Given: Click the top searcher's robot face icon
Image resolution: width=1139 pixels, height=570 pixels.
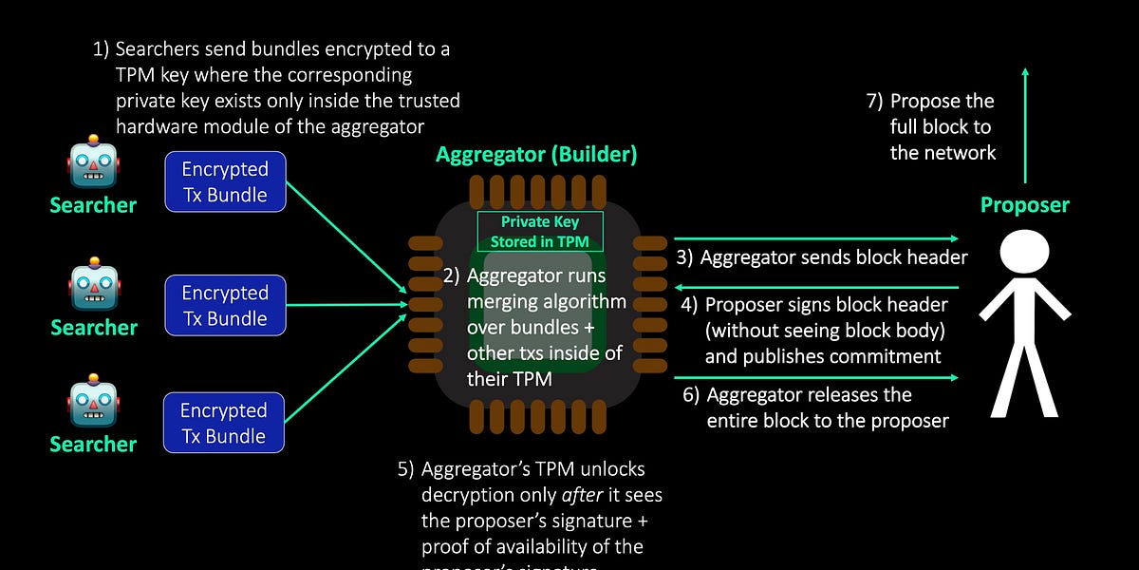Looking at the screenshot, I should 93,161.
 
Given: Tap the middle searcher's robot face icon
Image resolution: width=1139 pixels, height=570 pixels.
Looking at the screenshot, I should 93,285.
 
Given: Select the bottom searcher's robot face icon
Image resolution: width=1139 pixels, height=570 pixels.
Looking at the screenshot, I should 93,403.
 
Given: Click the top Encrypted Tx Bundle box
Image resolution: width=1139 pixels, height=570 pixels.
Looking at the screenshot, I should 225,181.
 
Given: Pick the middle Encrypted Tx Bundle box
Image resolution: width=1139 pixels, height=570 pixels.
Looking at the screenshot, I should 225,305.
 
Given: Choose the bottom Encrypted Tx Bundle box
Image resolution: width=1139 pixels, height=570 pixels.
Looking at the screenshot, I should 225,423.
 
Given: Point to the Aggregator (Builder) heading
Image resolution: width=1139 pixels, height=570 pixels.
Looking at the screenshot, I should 536,154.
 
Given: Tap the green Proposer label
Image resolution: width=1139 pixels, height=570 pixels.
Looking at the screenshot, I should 1024,205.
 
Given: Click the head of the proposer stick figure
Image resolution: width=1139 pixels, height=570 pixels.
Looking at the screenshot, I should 1024,253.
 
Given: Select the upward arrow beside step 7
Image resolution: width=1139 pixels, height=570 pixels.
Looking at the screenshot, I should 1025,123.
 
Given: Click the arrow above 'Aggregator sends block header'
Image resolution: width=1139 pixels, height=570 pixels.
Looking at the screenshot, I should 816,238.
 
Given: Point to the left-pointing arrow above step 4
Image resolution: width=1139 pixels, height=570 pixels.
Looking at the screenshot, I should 816,286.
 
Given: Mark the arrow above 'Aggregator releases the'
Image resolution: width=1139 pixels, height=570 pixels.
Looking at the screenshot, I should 816,377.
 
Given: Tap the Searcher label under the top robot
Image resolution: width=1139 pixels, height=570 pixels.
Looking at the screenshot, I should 93,205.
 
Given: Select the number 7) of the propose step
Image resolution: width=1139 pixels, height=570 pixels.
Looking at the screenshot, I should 874,102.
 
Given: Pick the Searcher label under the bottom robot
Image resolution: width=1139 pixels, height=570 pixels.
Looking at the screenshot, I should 93,444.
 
